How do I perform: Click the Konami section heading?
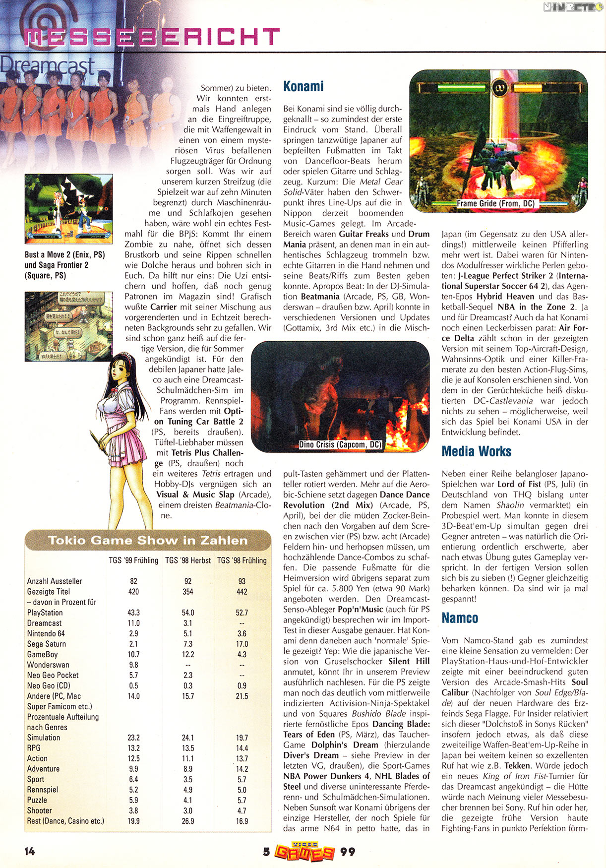303,86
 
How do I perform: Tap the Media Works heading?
476,451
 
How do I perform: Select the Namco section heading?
460,618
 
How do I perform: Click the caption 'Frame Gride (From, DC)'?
495,203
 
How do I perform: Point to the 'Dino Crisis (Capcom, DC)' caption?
340,444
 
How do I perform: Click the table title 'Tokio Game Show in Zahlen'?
147,541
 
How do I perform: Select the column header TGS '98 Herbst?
188,560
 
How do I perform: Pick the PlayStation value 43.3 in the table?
133,613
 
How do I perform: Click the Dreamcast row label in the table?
45,623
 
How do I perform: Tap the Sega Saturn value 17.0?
242,644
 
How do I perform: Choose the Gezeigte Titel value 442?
242,592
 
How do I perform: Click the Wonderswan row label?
48,665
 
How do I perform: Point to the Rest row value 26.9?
188,821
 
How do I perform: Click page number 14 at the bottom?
29,851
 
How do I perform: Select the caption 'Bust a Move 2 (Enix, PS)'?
64,254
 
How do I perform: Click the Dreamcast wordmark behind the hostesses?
47,66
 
